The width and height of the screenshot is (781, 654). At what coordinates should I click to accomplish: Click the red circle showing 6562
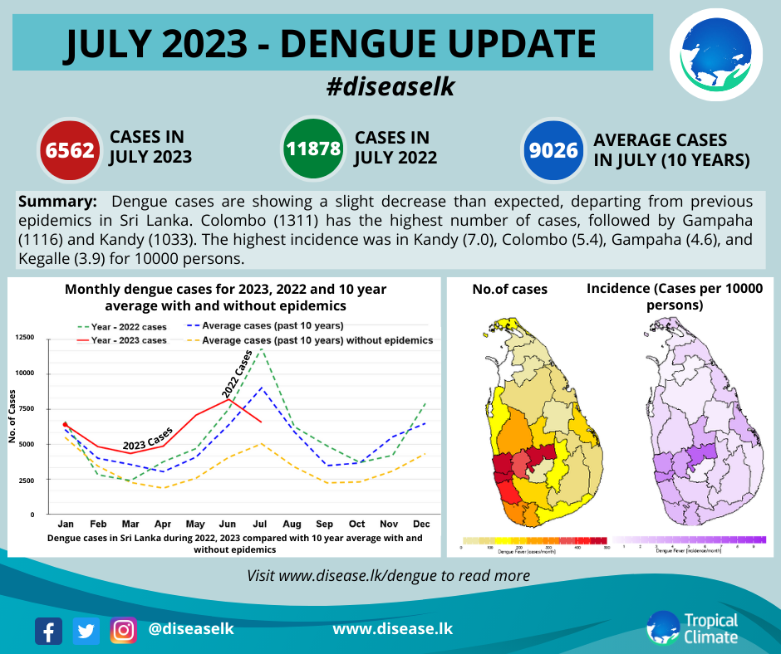[x=70, y=150]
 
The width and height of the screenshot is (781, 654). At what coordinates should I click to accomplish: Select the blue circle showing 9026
[x=554, y=150]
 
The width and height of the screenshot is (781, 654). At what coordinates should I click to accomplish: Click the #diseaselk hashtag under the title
[x=390, y=86]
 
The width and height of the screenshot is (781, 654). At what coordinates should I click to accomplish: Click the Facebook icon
[x=49, y=631]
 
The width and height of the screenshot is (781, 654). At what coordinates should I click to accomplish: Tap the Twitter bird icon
[x=86, y=631]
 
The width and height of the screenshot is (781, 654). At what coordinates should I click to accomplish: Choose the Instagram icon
[x=123, y=631]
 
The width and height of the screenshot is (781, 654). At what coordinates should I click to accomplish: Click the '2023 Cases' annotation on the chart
[x=148, y=438]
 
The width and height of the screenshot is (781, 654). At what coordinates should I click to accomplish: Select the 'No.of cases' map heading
[x=509, y=290]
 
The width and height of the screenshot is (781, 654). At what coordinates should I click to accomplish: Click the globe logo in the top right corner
[x=715, y=52]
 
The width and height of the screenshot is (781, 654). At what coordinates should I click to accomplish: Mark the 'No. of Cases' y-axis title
[x=13, y=417]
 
